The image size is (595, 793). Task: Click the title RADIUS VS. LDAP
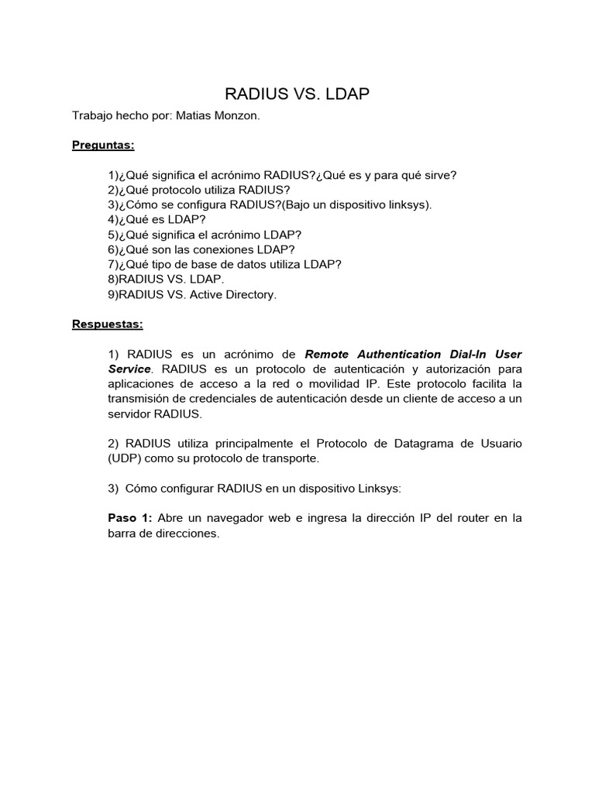point(297,94)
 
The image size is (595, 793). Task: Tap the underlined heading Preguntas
point(103,145)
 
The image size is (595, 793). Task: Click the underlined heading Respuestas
point(108,324)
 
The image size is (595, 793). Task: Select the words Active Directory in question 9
point(232,294)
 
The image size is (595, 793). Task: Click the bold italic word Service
point(129,369)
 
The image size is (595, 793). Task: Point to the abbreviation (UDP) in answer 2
point(123,458)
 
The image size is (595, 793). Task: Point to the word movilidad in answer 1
point(345,384)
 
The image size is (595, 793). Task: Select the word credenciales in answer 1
point(213,399)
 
